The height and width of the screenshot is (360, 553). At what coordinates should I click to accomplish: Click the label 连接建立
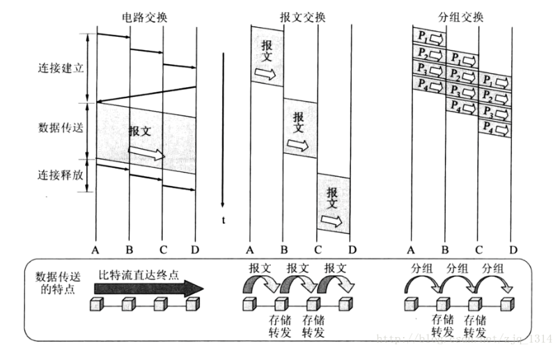[61, 69]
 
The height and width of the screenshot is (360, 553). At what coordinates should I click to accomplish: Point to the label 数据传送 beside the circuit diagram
[61, 128]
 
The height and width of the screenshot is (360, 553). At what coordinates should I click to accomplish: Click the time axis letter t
[224, 219]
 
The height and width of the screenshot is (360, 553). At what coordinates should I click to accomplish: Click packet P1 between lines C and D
[494, 81]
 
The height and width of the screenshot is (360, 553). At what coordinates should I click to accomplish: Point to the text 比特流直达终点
[139, 274]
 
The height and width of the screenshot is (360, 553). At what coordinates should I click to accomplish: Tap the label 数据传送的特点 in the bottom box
[58, 282]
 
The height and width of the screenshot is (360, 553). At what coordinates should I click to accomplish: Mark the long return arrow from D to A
[146, 93]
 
